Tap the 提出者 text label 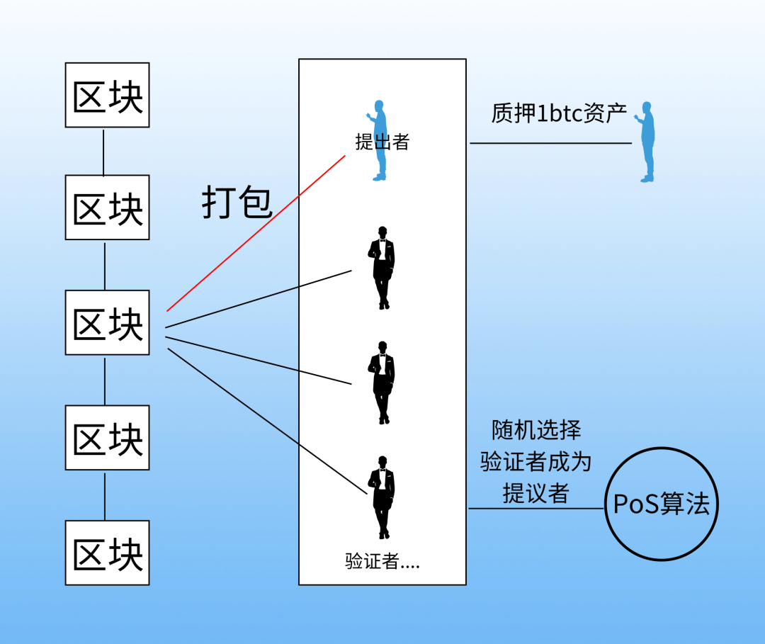[382, 142]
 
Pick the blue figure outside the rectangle [646, 142]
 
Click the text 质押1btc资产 [560, 113]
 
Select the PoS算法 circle [661, 504]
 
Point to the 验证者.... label [382, 563]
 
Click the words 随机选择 [536, 430]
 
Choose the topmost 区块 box [108, 95]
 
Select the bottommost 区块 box [108, 553]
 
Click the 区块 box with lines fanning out [108, 322]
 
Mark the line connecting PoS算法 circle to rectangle [536, 508]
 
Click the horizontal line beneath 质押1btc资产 [550, 143]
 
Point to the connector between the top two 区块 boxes [104, 151]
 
